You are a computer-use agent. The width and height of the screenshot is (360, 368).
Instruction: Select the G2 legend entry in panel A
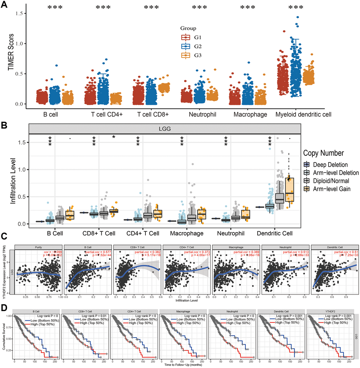coord(191,46)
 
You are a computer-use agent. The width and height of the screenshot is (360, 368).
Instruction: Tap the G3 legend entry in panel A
coord(191,55)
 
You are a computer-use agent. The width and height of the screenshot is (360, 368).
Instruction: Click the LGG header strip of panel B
coord(164,129)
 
